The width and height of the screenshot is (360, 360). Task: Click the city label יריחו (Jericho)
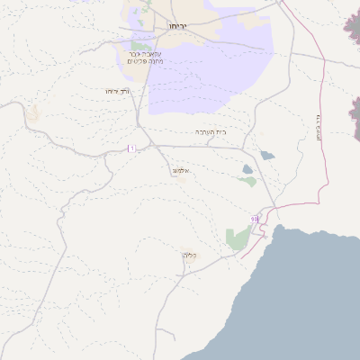click(x=176, y=27)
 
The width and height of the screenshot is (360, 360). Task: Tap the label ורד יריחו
click(x=118, y=91)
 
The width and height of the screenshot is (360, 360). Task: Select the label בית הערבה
click(x=211, y=132)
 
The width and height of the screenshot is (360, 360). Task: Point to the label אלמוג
click(x=180, y=169)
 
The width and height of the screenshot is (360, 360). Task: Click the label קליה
click(x=189, y=255)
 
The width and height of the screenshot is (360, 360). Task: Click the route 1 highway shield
click(x=131, y=148)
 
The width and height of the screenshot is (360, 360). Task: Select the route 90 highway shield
click(x=255, y=219)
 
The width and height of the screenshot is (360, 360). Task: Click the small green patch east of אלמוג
click(x=247, y=181)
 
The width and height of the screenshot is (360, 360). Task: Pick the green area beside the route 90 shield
click(x=238, y=238)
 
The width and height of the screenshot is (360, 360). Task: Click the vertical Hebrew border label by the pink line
click(x=318, y=125)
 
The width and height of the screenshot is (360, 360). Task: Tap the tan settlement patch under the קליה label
click(x=187, y=263)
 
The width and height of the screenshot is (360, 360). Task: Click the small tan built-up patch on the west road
click(x=34, y=114)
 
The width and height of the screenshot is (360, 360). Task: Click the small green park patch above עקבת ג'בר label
click(x=140, y=45)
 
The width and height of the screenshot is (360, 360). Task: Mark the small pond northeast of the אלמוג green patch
click(x=266, y=155)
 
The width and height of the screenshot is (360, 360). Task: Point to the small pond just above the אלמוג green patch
click(x=247, y=168)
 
